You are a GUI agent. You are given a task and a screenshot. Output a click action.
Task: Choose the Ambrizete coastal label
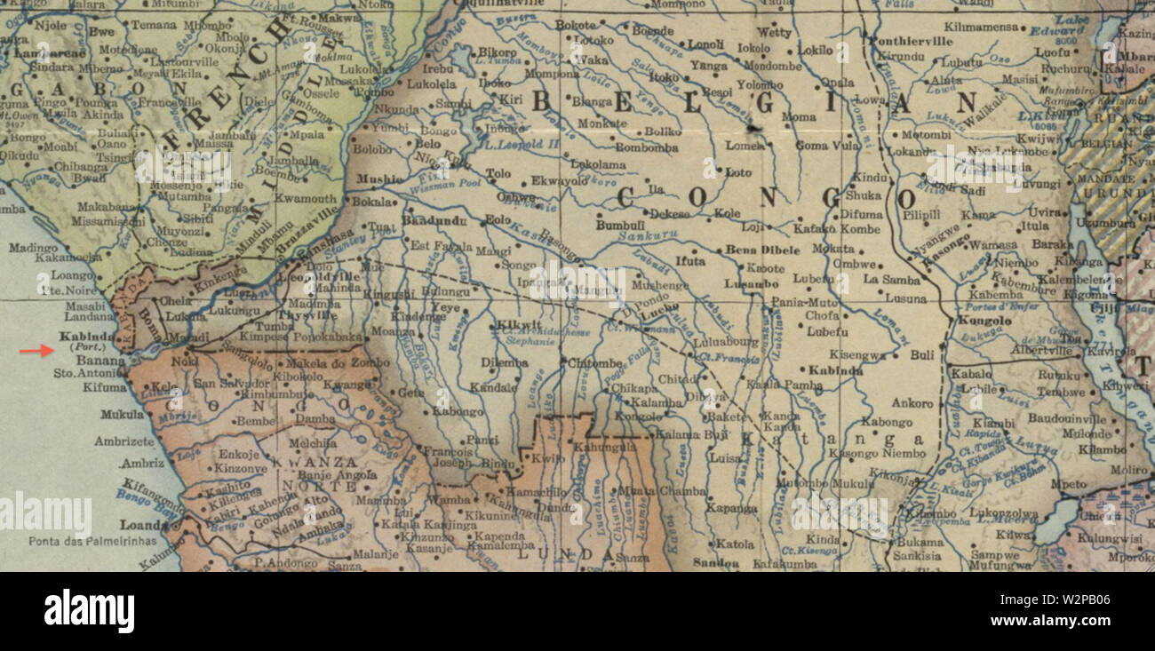point(124,441)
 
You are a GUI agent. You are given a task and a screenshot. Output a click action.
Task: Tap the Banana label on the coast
point(101,361)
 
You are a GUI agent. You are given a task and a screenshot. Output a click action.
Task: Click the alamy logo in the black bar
point(89,612)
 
